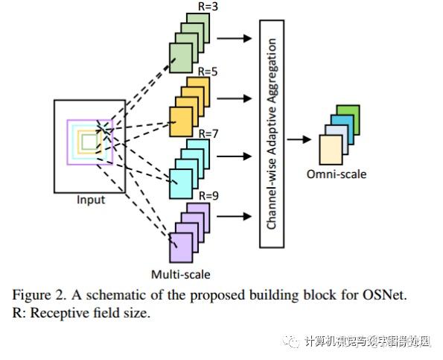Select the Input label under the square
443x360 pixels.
coord(91,200)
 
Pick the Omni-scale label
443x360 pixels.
coord(337,174)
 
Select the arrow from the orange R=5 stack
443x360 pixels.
coord(236,98)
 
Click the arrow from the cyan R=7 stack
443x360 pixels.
coord(236,157)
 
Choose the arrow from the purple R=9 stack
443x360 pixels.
coord(236,218)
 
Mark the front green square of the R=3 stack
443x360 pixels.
coord(180,57)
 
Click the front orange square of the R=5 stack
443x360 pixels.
coord(180,120)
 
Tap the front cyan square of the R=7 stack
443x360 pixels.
coord(180,183)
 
